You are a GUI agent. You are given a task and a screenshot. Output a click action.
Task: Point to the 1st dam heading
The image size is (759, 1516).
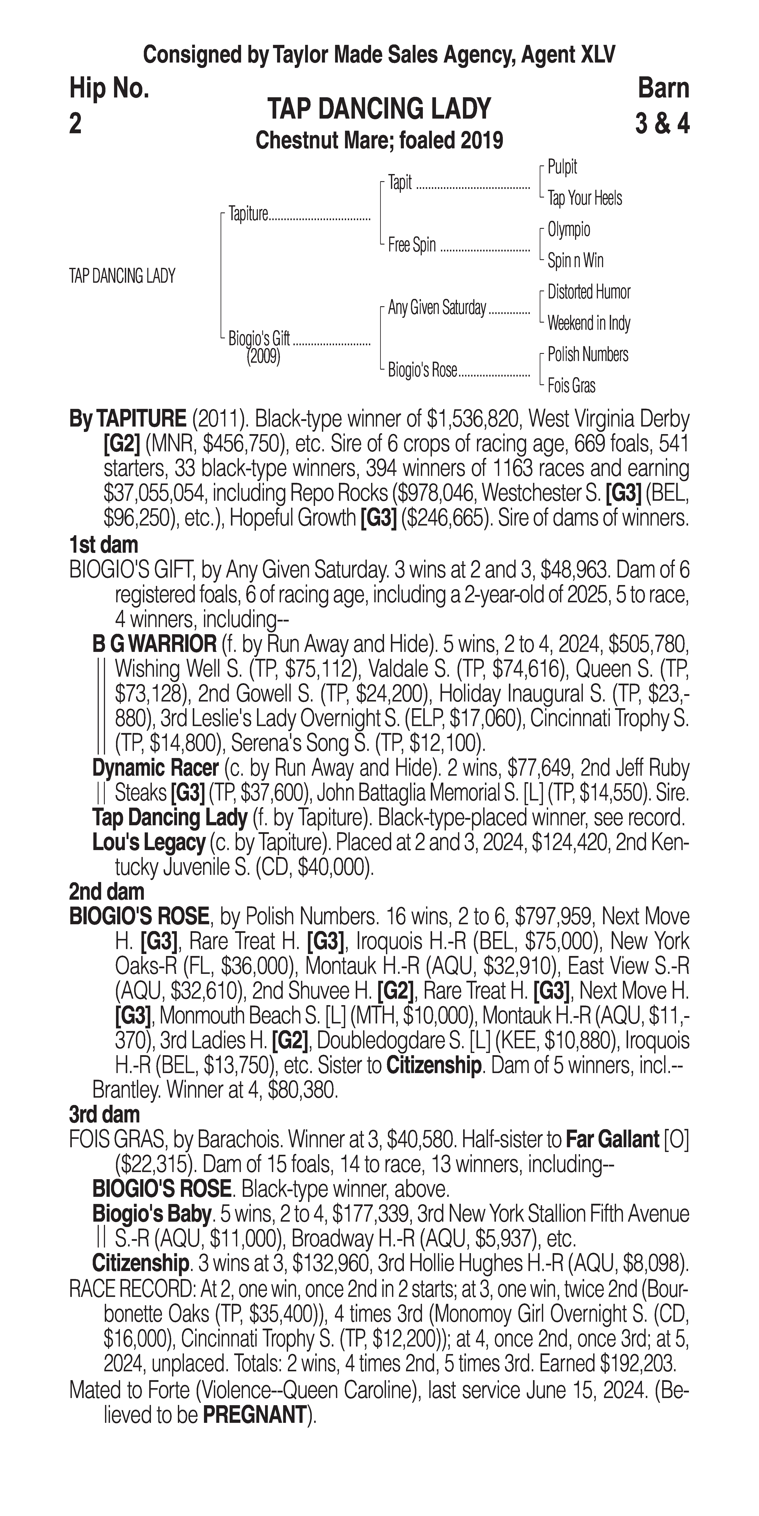pos(103,544)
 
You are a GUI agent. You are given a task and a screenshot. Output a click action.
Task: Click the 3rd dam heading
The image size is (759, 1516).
pos(105,1114)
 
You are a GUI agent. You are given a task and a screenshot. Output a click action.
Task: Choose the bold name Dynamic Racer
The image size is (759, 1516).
pos(155,768)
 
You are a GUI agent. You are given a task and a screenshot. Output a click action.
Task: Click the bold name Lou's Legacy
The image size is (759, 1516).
pos(148,843)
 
